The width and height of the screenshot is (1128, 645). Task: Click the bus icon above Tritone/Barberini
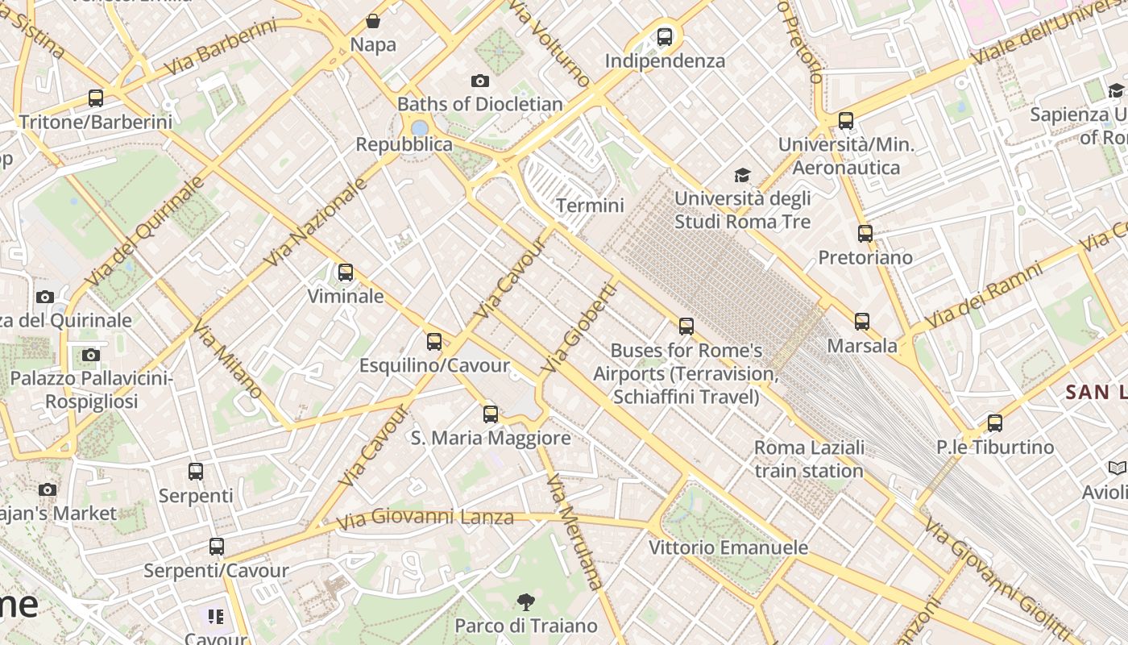click(96, 98)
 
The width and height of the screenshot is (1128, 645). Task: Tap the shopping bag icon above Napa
click(373, 21)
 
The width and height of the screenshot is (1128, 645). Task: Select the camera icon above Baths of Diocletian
click(480, 81)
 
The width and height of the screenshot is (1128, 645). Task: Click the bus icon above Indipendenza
click(665, 36)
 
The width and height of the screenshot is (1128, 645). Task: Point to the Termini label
click(590, 206)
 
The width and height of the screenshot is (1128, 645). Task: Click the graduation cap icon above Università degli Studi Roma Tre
click(742, 175)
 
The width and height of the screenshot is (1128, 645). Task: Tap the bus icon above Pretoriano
click(865, 234)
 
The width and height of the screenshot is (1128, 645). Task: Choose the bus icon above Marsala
click(862, 322)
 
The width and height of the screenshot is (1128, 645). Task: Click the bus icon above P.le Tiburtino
click(995, 423)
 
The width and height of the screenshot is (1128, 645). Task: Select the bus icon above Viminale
click(346, 273)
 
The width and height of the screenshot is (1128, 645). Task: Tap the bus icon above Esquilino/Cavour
click(434, 342)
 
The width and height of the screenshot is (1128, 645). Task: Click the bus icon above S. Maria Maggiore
click(491, 414)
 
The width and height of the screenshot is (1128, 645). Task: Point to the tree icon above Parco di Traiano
click(526, 601)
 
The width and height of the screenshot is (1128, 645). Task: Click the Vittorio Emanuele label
click(728, 548)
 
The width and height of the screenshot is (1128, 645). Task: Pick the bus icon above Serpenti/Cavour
click(216, 547)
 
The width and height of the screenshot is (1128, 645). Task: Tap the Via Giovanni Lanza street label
click(425, 518)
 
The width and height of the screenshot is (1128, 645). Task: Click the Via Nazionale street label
click(316, 222)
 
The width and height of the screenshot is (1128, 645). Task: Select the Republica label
click(404, 144)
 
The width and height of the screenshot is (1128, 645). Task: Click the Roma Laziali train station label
click(809, 459)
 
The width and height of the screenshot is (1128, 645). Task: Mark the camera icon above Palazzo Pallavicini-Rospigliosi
click(91, 355)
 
